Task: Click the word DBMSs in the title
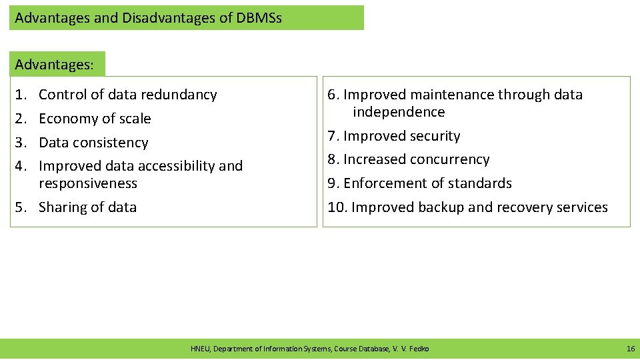259,18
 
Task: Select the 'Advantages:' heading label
55,65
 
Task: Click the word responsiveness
88,183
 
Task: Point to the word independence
399,112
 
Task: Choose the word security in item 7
435,136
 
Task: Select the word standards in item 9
481,183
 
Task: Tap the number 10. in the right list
337,207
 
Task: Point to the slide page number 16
631,349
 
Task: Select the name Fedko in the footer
419,349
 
